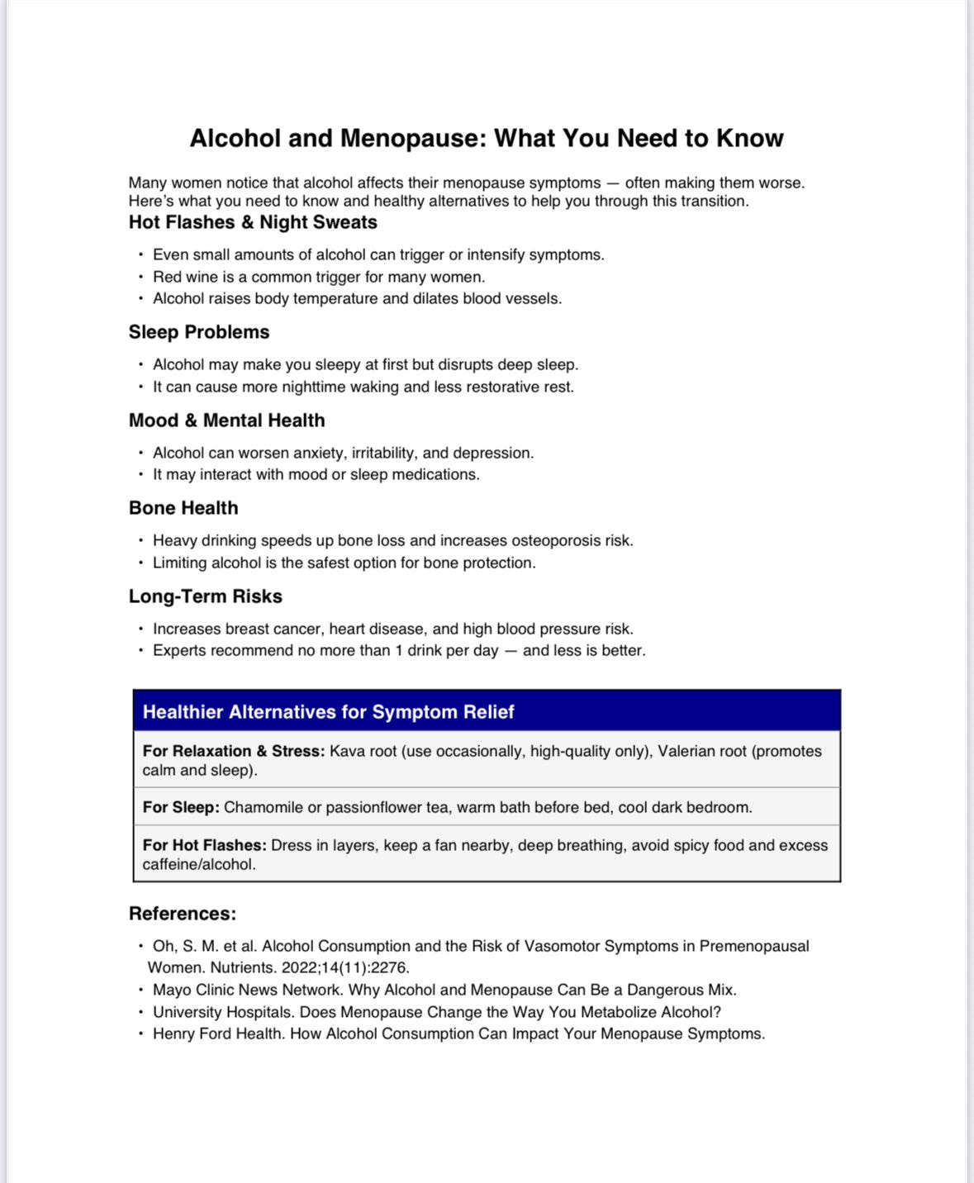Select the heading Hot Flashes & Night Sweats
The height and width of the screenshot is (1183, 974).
coord(253,222)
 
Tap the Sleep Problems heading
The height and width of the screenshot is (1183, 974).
coord(199,332)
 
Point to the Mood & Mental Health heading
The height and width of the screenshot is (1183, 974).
coord(226,420)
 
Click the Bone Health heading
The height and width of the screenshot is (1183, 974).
coord(183,508)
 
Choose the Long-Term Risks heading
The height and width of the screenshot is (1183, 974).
coord(205,596)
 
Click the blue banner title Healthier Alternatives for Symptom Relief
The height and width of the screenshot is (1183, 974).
coord(328,712)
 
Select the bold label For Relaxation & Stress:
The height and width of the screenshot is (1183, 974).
coord(234,751)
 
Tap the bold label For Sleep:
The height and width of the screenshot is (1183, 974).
coord(181,807)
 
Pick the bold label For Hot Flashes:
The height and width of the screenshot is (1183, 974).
coord(204,845)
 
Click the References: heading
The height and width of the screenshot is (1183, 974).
coord(183,914)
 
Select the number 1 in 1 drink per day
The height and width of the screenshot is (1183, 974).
coord(399,650)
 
